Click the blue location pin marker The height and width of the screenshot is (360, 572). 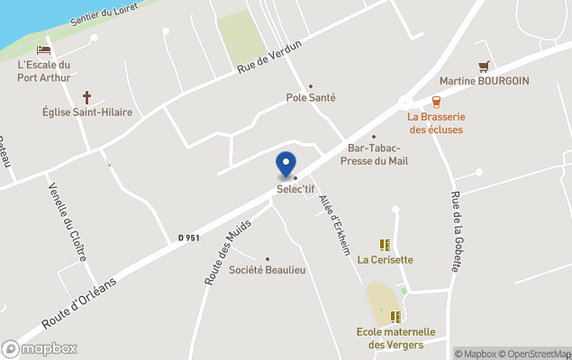pyautogui.click(x=286, y=165)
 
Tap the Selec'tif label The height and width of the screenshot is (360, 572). pyautogui.click(x=295, y=188)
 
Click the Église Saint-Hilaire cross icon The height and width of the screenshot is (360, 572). pyautogui.click(x=87, y=96)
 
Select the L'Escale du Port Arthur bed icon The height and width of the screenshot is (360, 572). pyautogui.click(x=43, y=50)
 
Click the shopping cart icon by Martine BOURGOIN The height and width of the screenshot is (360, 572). pyautogui.click(x=484, y=66)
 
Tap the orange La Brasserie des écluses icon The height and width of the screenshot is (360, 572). pyautogui.click(x=436, y=102)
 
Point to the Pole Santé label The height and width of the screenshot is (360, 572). pyautogui.click(x=311, y=97)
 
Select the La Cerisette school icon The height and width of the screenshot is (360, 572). pyautogui.click(x=385, y=245)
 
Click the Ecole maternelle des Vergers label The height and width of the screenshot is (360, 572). pyautogui.click(x=395, y=338)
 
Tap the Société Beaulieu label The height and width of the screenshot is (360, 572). pyautogui.click(x=266, y=270)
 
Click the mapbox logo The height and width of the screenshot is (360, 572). pyautogui.click(x=40, y=348)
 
